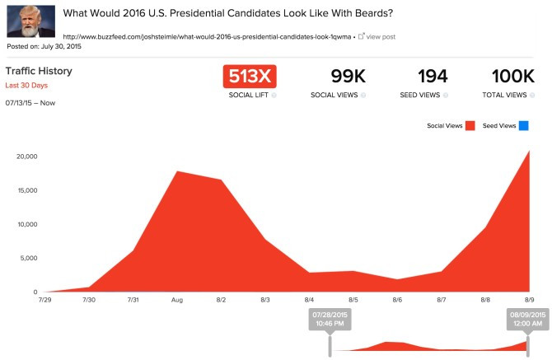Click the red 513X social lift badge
click(x=250, y=77)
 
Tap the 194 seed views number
click(x=433, y=77)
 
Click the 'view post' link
click(x=380, y=37)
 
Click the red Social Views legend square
click(x=470, y=126)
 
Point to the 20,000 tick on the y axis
click(x=26, y=157)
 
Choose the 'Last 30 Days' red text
click(x=26, y=86)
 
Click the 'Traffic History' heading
click(x=39, y=71)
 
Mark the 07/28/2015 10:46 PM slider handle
click(x=330, y=320)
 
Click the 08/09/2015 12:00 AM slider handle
click(x=526, y=320)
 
